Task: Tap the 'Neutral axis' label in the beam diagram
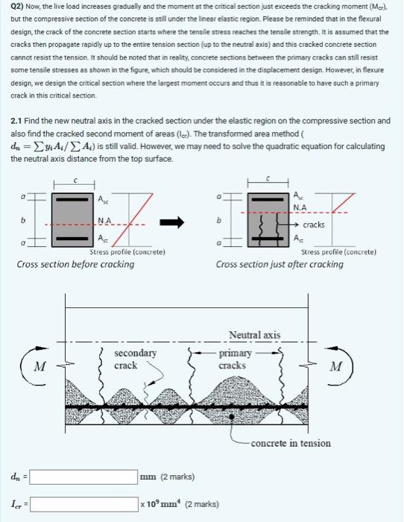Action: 254,335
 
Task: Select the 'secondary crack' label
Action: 135,359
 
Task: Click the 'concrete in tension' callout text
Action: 290,443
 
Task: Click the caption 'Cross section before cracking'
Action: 75,264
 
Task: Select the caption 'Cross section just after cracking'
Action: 280,264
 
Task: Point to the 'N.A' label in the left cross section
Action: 106,220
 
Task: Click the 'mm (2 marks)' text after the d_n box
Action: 168,476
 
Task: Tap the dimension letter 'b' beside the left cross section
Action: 22,221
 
